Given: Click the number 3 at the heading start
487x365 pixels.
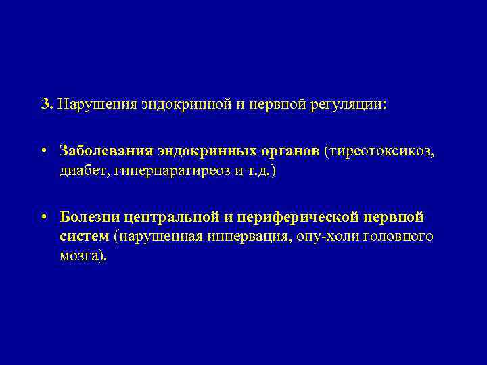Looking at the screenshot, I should tap(45, 105).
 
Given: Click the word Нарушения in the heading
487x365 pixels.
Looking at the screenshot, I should tap(97, 105).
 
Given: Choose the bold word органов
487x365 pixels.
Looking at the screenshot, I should tap(291, 151).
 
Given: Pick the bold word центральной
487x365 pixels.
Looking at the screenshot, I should tap(171, 218).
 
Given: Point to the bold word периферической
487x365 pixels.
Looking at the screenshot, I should tap(298, 218).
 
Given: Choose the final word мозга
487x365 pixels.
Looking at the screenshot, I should tap(82, 258).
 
